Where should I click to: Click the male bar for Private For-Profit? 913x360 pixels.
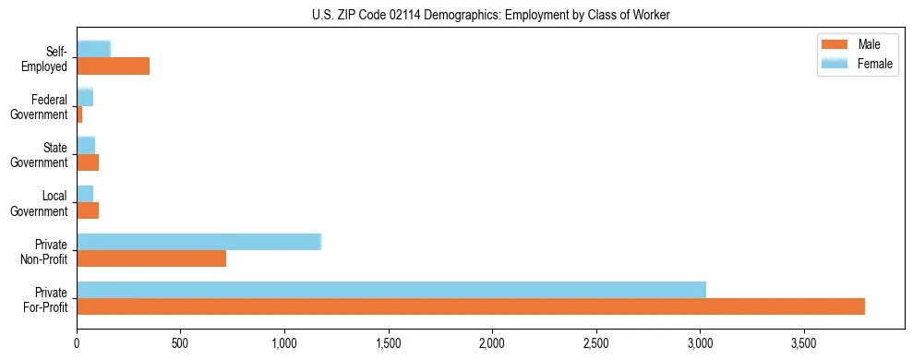point(471,306)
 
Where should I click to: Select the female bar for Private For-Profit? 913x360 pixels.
point(391,290)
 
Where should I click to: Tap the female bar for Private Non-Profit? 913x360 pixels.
point(198,242)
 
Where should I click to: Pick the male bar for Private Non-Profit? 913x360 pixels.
point(151,258)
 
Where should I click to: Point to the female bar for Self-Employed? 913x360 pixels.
point(93,49)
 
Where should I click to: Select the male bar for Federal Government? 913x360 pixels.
point(79,114)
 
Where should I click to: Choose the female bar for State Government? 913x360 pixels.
point(86,145)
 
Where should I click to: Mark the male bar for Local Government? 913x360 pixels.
point(88,210)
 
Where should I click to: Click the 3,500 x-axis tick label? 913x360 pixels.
point(804,343)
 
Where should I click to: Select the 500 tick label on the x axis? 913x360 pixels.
point(181,343)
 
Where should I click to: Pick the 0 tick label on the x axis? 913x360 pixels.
point(77,343)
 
